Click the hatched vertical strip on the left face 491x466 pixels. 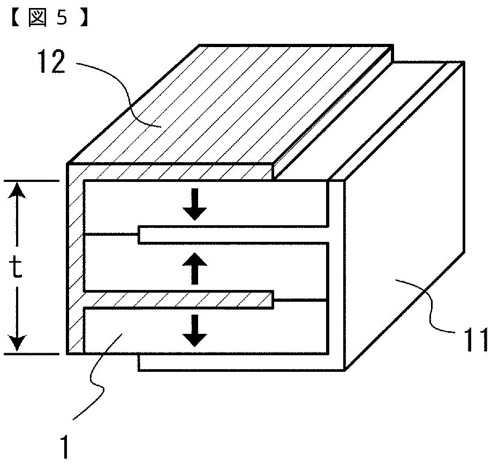pos(75,268)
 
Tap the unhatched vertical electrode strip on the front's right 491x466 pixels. pos(335,273)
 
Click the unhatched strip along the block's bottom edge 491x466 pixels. pos(241,362)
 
